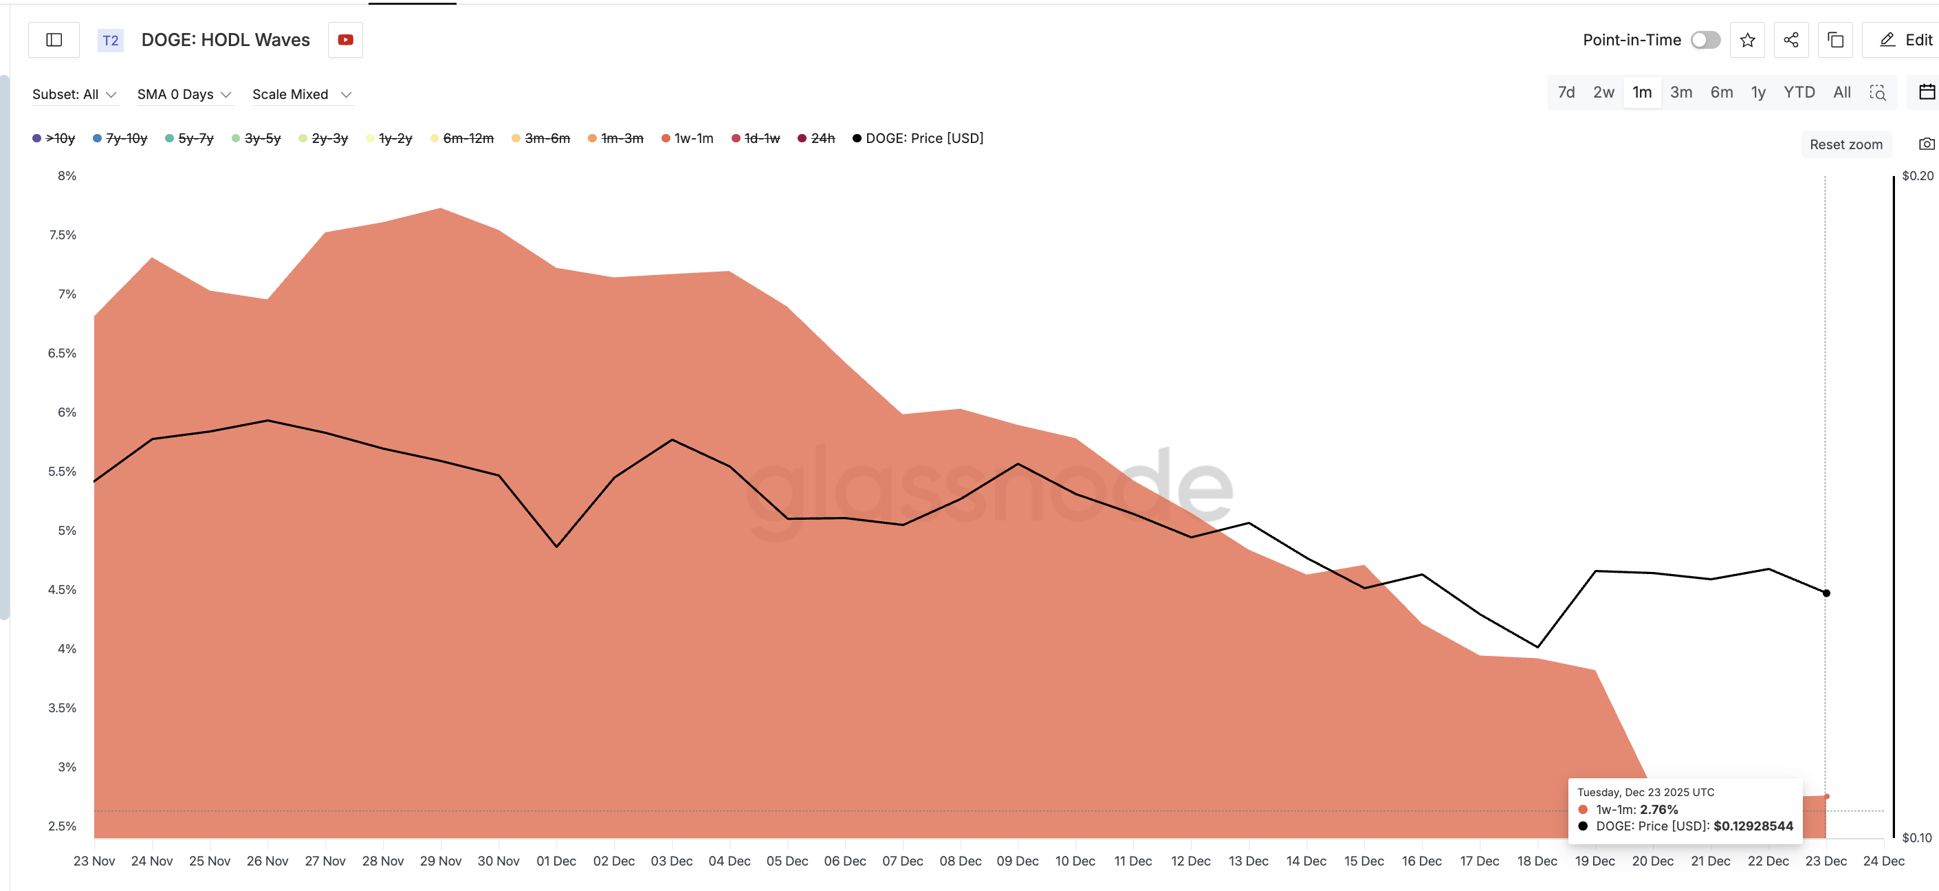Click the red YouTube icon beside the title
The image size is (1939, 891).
(x=345, y=40)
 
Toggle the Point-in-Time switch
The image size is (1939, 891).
(x=1705, y=40)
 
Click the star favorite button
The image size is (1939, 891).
(x=1747, y=40)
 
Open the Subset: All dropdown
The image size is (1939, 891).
(x=74, y=94)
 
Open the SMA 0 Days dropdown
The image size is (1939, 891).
(x=184, y=94)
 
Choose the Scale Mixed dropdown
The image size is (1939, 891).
(x=301, y=94)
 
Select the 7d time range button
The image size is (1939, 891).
(x=1566, y=92)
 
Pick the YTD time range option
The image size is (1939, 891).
(x=1798, y=92)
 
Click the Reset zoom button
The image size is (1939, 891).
(x=1845, y=144)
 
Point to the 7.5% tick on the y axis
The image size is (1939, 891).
(x=63, y=235)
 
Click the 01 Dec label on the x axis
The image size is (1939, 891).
(x=556, y=860)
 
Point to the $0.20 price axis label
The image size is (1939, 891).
(x=1916, y=175)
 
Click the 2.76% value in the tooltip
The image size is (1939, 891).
(x=1658, y=809)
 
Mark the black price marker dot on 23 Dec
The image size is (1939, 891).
(x=1826, y=593)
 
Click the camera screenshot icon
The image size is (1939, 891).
(x=1925, y=144)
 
